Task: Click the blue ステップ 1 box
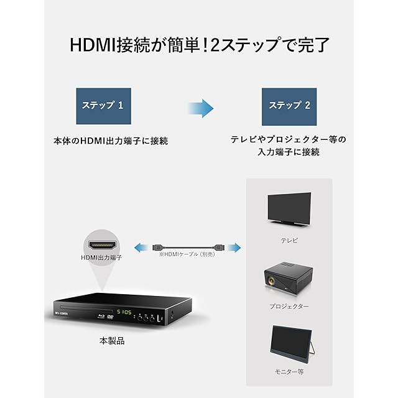[103, 105]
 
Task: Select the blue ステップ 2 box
[289, 105]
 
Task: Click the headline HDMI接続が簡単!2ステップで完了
[199, 45]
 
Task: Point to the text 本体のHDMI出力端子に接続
[111, 141]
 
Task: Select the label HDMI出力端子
[101, 257]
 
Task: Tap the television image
[289, 209]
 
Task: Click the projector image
[289, 279]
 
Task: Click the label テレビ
[289, 240]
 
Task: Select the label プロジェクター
[289, 307]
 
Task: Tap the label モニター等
[289, 371]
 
